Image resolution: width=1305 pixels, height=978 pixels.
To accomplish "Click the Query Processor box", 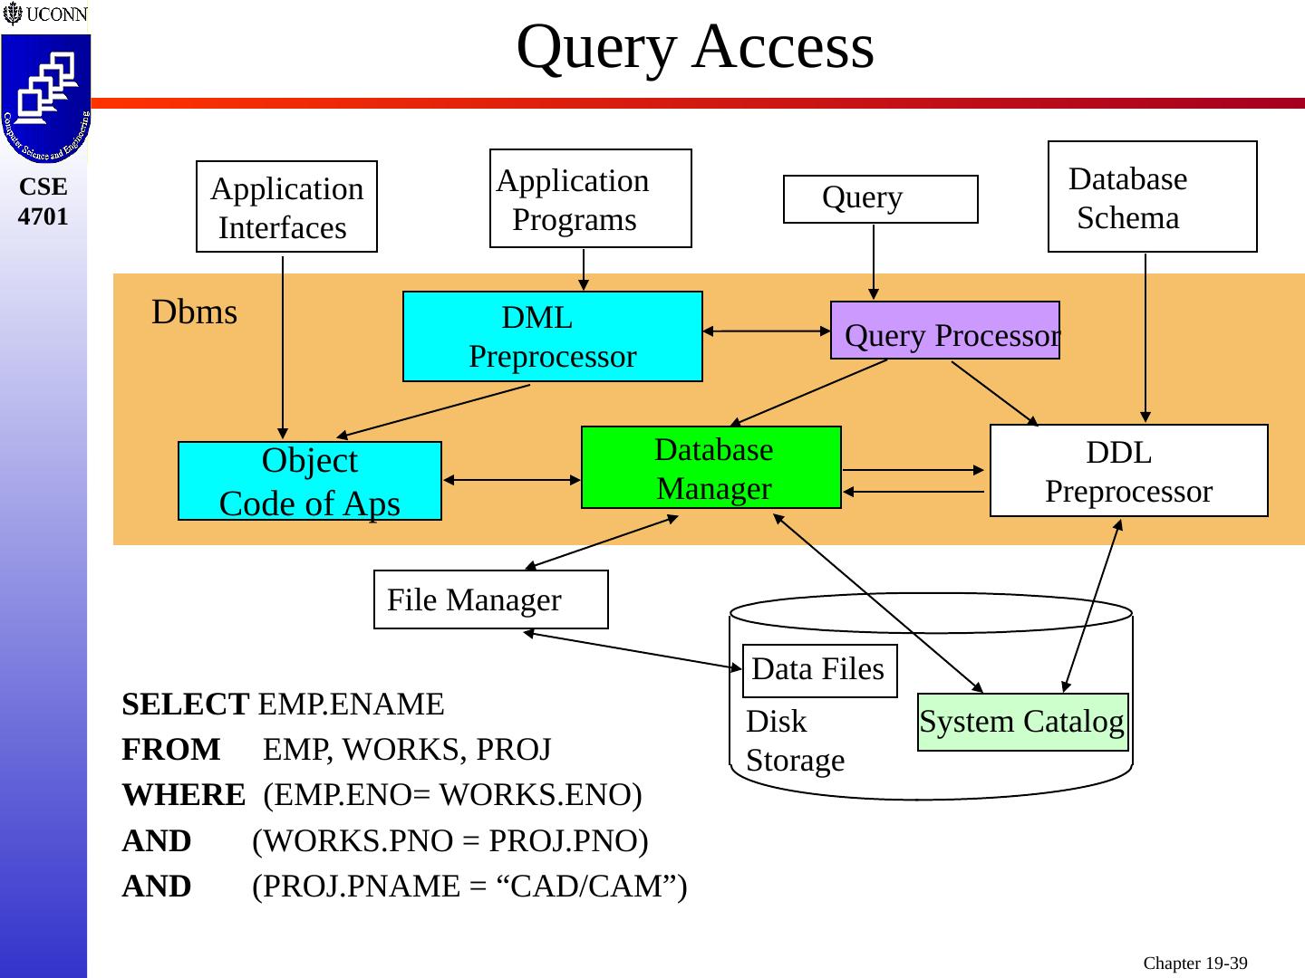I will [944, 331].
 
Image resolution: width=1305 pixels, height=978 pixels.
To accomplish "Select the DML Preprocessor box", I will [552, 336].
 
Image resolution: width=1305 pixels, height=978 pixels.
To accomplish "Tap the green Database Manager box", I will [711, 467].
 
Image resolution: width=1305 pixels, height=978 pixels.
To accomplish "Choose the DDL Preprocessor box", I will [1128, 471].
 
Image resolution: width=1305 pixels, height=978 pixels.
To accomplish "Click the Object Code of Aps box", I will [309, 481].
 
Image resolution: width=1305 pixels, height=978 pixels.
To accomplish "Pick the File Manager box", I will [490, 599].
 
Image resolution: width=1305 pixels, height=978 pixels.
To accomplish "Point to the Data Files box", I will [819, 670].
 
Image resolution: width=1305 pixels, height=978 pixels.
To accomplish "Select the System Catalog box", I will [1022, 722].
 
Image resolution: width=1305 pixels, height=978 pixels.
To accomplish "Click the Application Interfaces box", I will [286, 206].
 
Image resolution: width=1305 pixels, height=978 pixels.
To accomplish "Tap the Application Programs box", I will [590, 198].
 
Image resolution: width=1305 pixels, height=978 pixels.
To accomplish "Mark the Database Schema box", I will [1152, 197].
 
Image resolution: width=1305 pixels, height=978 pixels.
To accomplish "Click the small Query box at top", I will [880, 198].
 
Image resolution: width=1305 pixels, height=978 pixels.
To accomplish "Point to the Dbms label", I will [194, 312].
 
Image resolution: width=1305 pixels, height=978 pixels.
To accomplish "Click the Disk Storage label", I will [794, 741].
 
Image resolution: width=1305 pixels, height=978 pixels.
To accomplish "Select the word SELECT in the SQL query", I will [185, 705].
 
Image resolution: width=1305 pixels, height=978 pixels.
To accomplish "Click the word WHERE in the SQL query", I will [183, 795].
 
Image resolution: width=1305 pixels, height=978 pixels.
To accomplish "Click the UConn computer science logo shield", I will [44, 100].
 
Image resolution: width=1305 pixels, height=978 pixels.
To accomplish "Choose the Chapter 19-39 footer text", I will [1194, 964].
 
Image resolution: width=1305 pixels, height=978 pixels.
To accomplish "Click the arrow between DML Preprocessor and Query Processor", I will [766, 331].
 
